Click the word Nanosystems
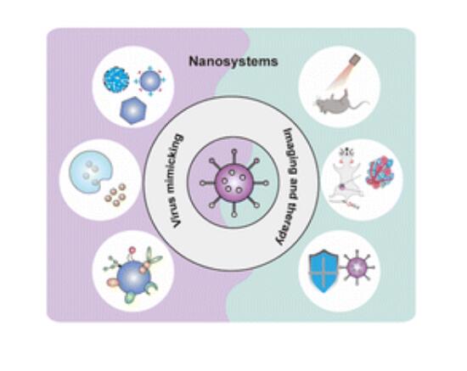pos(233,62)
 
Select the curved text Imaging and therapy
pos(290,187)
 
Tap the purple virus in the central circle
pos(234,183)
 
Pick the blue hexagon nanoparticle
pos(133,110)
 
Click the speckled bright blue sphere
pos(116,80)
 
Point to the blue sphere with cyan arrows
pos(149,81)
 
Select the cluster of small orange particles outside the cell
pos(115,194)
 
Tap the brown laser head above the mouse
pos(355,59)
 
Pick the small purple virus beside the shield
pos(357,267)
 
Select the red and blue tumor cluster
pos(380,172)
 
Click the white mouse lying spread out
pos(347,178)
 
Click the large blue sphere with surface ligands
pos(133,277)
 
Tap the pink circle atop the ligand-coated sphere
pos(132,250)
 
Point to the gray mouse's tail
pos(359,105)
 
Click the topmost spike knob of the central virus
pos(234,152)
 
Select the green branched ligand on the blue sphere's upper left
pos(111,262)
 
